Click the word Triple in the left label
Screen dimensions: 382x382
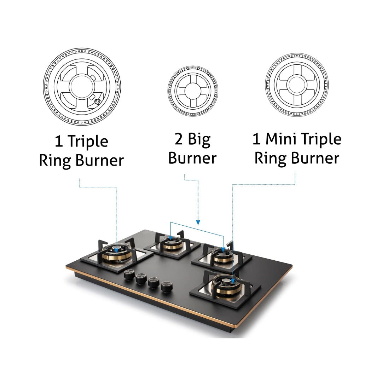[88, 141]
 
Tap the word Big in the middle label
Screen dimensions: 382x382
[199, 140]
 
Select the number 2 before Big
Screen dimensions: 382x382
[179, 139]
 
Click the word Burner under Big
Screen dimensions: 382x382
[192, 158]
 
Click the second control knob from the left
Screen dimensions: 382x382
[141, 279]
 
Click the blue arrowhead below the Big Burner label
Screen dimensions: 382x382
[198, 222]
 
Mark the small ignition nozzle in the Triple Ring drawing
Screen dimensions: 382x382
[98, 102]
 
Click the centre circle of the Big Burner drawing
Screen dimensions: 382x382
[193, 91]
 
